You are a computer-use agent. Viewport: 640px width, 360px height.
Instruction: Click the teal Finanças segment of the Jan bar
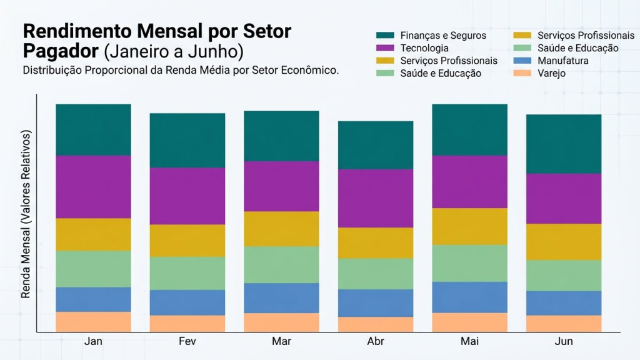pos(93,129)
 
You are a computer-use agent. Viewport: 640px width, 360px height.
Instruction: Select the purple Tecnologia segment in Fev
pos(187,196)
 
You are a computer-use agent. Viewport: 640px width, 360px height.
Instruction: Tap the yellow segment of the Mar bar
pos(281,229)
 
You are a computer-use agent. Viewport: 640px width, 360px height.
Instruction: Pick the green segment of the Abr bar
pos(376,273)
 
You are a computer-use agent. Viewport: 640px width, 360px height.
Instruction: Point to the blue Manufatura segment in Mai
pos(470,297)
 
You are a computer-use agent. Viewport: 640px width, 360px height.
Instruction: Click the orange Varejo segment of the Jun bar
pos(564,323)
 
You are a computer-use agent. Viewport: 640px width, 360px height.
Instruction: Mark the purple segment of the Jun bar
pos(564,198)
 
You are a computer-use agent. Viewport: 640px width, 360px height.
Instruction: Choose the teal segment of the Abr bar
pos(376,145)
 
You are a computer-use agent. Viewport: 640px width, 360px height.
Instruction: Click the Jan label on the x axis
pos(93,341)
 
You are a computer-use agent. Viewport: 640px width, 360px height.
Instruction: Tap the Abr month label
pos(376,341)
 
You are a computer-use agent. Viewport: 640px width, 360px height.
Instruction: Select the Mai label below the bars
pos(470,341)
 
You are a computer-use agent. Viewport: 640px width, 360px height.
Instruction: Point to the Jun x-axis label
pos(564,341)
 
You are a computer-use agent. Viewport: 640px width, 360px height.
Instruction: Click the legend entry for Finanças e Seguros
pos(442,36)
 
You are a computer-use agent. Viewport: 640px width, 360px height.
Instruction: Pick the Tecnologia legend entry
pos(424,48)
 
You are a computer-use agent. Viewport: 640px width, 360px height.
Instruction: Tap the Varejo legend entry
pos(552,73)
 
